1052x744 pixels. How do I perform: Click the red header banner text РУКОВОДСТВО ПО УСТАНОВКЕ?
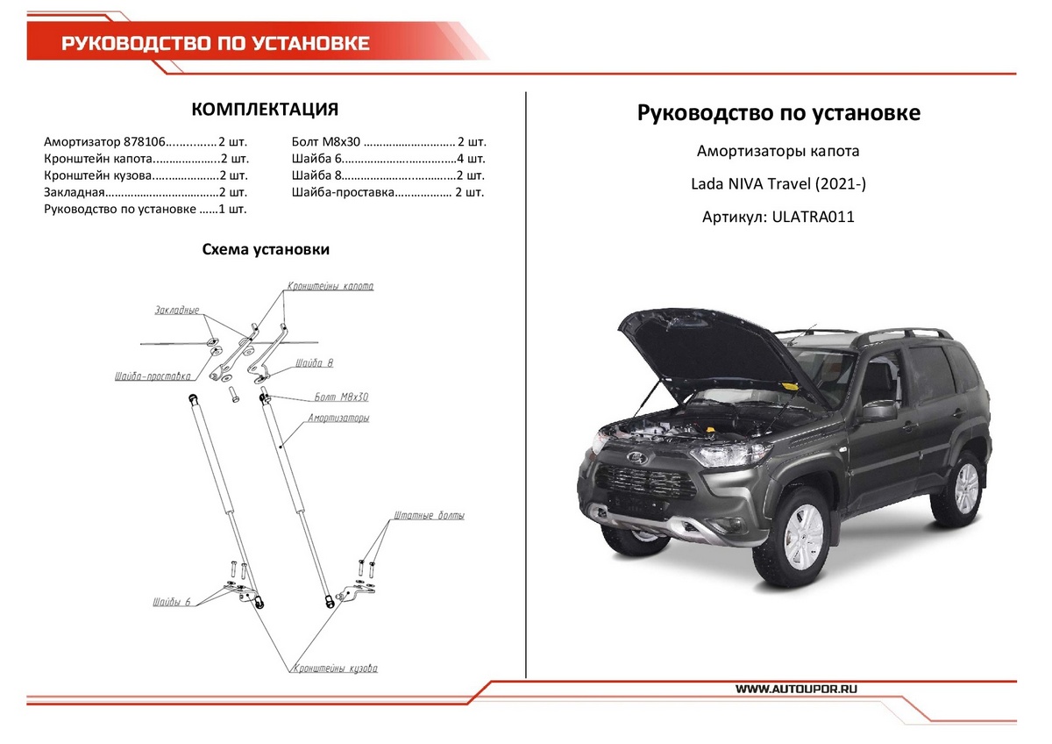pyautogui.click(x=215, y=44)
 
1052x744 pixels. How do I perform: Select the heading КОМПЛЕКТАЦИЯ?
pyautogui.click(x=265, y=110)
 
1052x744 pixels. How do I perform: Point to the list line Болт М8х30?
pyautogui.click(x=388, y=141)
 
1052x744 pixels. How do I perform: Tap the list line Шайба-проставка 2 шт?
pyautogui.click(x=388, y=192)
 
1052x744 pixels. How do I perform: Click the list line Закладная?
pyautogui.click(x=146, y=192)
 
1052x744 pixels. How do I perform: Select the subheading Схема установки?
pyautogui.click(x=266, y=250)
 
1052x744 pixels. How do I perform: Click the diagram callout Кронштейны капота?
pyautogui.click(x=331, y=287)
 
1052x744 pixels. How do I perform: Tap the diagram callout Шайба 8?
pyautogui.click(x=314, y=362)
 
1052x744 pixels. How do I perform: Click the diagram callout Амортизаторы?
pyautogui.click(x=338, y=418)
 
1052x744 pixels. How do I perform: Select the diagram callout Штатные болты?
pyautogui.click(x=430, y=516)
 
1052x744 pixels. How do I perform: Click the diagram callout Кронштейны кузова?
pyautogui.click(x=335, y=669)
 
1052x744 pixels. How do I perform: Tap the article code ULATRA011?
pyautogui.click(x=813, y=217)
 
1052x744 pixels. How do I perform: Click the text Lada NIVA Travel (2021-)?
pyautogui.click(x=778, y=184)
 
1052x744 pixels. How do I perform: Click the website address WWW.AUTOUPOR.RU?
pyautogui.click(x=796, y=690)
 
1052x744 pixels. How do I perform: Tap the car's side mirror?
pyautogui.click(x=877, y=411)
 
